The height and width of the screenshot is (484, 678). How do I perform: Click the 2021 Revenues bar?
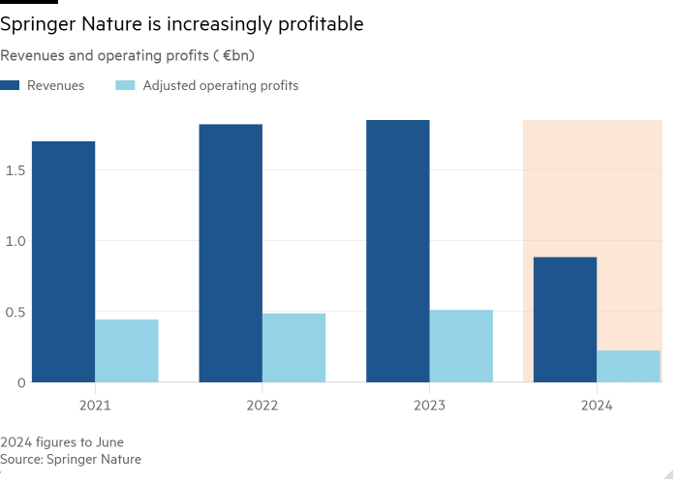point(63,261)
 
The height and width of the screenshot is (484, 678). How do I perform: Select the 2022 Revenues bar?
point(231,254)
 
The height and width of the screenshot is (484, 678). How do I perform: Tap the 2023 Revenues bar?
point(398,252)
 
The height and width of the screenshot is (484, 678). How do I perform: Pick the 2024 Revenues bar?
point(565,319)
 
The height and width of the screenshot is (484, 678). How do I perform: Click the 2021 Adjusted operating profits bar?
point(127,350)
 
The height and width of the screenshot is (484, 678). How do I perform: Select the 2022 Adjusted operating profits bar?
point(294,348)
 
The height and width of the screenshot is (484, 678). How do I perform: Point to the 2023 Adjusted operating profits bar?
point(461,346)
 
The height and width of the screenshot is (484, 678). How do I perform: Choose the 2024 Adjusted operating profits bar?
point(629,366)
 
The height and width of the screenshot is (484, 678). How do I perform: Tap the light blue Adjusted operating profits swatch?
point(125,86)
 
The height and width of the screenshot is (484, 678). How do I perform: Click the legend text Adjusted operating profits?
point(221,86)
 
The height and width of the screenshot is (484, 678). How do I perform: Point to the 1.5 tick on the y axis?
point(14,170)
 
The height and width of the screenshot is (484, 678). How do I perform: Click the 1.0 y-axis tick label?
point(14,241)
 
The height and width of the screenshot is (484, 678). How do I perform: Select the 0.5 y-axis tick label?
point(14,312)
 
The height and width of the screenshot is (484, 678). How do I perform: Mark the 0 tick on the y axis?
point(19,382)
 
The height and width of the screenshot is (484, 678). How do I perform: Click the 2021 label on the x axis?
point(95,405)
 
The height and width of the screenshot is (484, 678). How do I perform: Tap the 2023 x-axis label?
point(429,405)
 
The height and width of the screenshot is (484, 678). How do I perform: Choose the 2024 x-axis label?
point(597,405)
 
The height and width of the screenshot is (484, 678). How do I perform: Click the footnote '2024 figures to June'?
point(62,442)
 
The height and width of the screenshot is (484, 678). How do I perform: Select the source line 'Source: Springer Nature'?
point(71,459)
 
